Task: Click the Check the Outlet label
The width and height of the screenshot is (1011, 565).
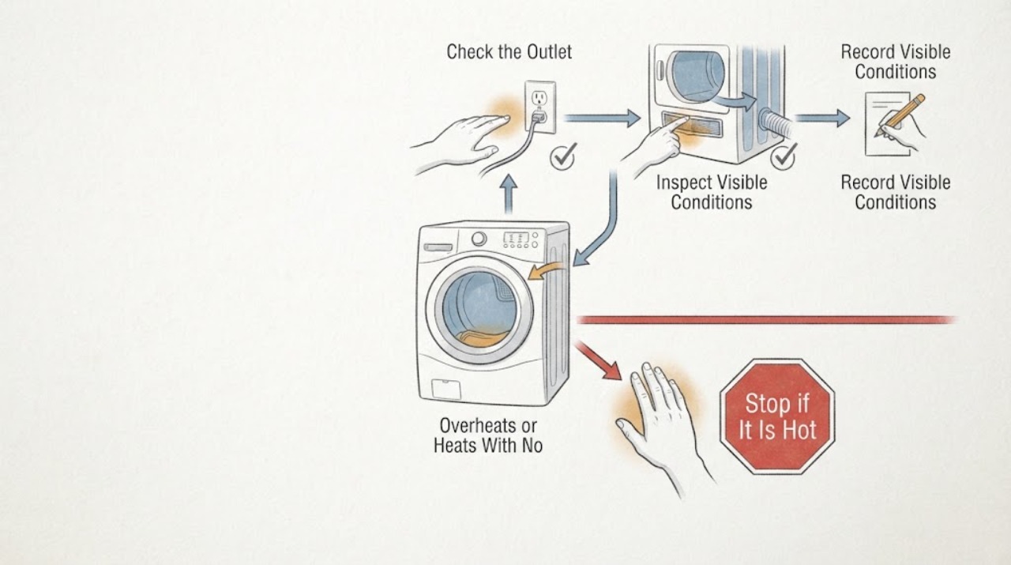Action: coord(509,52)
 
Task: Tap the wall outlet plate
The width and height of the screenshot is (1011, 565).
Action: coord(539,107)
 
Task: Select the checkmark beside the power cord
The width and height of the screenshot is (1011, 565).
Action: coord(564,156)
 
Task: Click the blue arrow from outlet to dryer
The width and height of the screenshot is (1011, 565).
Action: coord(602,119)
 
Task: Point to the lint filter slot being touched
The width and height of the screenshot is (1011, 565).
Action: coord(691,124)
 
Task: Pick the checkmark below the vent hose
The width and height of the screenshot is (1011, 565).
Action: coord(784,156)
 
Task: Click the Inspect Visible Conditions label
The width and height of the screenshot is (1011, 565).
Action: coord(712,192)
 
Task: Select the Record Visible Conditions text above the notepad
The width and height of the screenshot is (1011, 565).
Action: coord(896,62)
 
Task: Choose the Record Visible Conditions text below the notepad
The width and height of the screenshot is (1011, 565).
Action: coord(896,192)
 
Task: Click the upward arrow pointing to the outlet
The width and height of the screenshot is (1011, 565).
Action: coord(509,194)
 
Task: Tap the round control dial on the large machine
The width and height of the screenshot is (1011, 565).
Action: coord(479,239)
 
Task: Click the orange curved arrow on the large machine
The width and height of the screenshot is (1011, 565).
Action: coord(545,271)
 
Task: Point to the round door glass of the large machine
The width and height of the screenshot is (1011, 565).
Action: coord(479,310)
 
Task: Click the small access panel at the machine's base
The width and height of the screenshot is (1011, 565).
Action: coord(446,390)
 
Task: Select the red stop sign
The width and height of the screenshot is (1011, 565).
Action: coord(777,416)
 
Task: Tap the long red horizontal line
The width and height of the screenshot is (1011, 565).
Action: coord(766,320)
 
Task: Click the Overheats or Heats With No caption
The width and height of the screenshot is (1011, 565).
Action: coord(488,435)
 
